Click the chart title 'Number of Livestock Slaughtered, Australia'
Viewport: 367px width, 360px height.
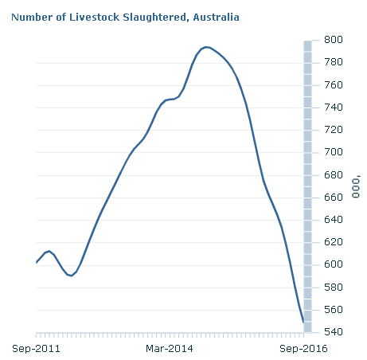point(125,18)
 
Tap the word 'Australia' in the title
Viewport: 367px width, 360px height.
point(216,18)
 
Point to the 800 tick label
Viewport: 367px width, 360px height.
point(334,40)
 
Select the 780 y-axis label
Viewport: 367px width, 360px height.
point(334,62)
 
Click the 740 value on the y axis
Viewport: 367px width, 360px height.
point(334,108)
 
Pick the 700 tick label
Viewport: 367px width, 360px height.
point(334,152)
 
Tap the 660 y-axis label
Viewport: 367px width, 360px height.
point(334,198)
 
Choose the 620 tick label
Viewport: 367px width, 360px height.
point(334,242)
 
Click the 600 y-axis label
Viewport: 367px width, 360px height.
point(334,264)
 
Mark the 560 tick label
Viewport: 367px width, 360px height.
point(334,310)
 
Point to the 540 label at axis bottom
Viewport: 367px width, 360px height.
point(334,332)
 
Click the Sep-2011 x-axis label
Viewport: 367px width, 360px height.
point(36,349)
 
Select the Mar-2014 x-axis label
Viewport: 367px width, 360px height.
point(170,349)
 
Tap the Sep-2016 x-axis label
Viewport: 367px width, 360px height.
point(303,349)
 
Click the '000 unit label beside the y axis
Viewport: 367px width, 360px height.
point(356,186)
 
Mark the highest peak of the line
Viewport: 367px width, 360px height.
point(205,47)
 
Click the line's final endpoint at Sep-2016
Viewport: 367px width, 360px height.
point(303,323)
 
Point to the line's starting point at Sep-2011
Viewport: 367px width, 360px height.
point(37,263)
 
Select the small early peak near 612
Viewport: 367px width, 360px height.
point(49,251)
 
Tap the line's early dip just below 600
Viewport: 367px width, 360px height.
point(71,276)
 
